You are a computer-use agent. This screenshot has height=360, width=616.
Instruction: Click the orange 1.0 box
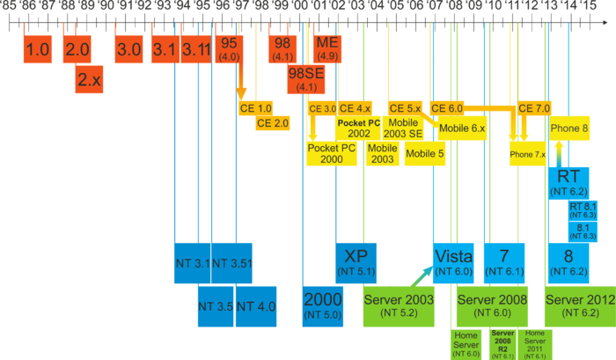39,49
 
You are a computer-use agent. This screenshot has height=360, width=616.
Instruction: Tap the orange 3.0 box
128,49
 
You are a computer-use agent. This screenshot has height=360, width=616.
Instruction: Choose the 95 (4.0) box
231,48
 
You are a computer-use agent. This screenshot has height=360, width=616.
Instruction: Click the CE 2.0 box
274,123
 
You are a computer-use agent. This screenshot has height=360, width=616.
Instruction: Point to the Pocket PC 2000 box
331,153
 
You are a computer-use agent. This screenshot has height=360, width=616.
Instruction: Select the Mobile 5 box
425,153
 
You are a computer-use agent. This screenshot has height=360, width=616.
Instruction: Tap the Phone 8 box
568,128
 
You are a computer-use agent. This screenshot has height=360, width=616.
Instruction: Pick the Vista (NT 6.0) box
455,261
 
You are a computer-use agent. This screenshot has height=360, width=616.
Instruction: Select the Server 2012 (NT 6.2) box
579,305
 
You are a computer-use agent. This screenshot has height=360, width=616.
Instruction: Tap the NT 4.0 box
257,306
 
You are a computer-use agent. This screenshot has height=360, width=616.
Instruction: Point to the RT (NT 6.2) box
568,180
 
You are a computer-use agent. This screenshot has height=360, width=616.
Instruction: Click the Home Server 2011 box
535,344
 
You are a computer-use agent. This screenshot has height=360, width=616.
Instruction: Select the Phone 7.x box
528,154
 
